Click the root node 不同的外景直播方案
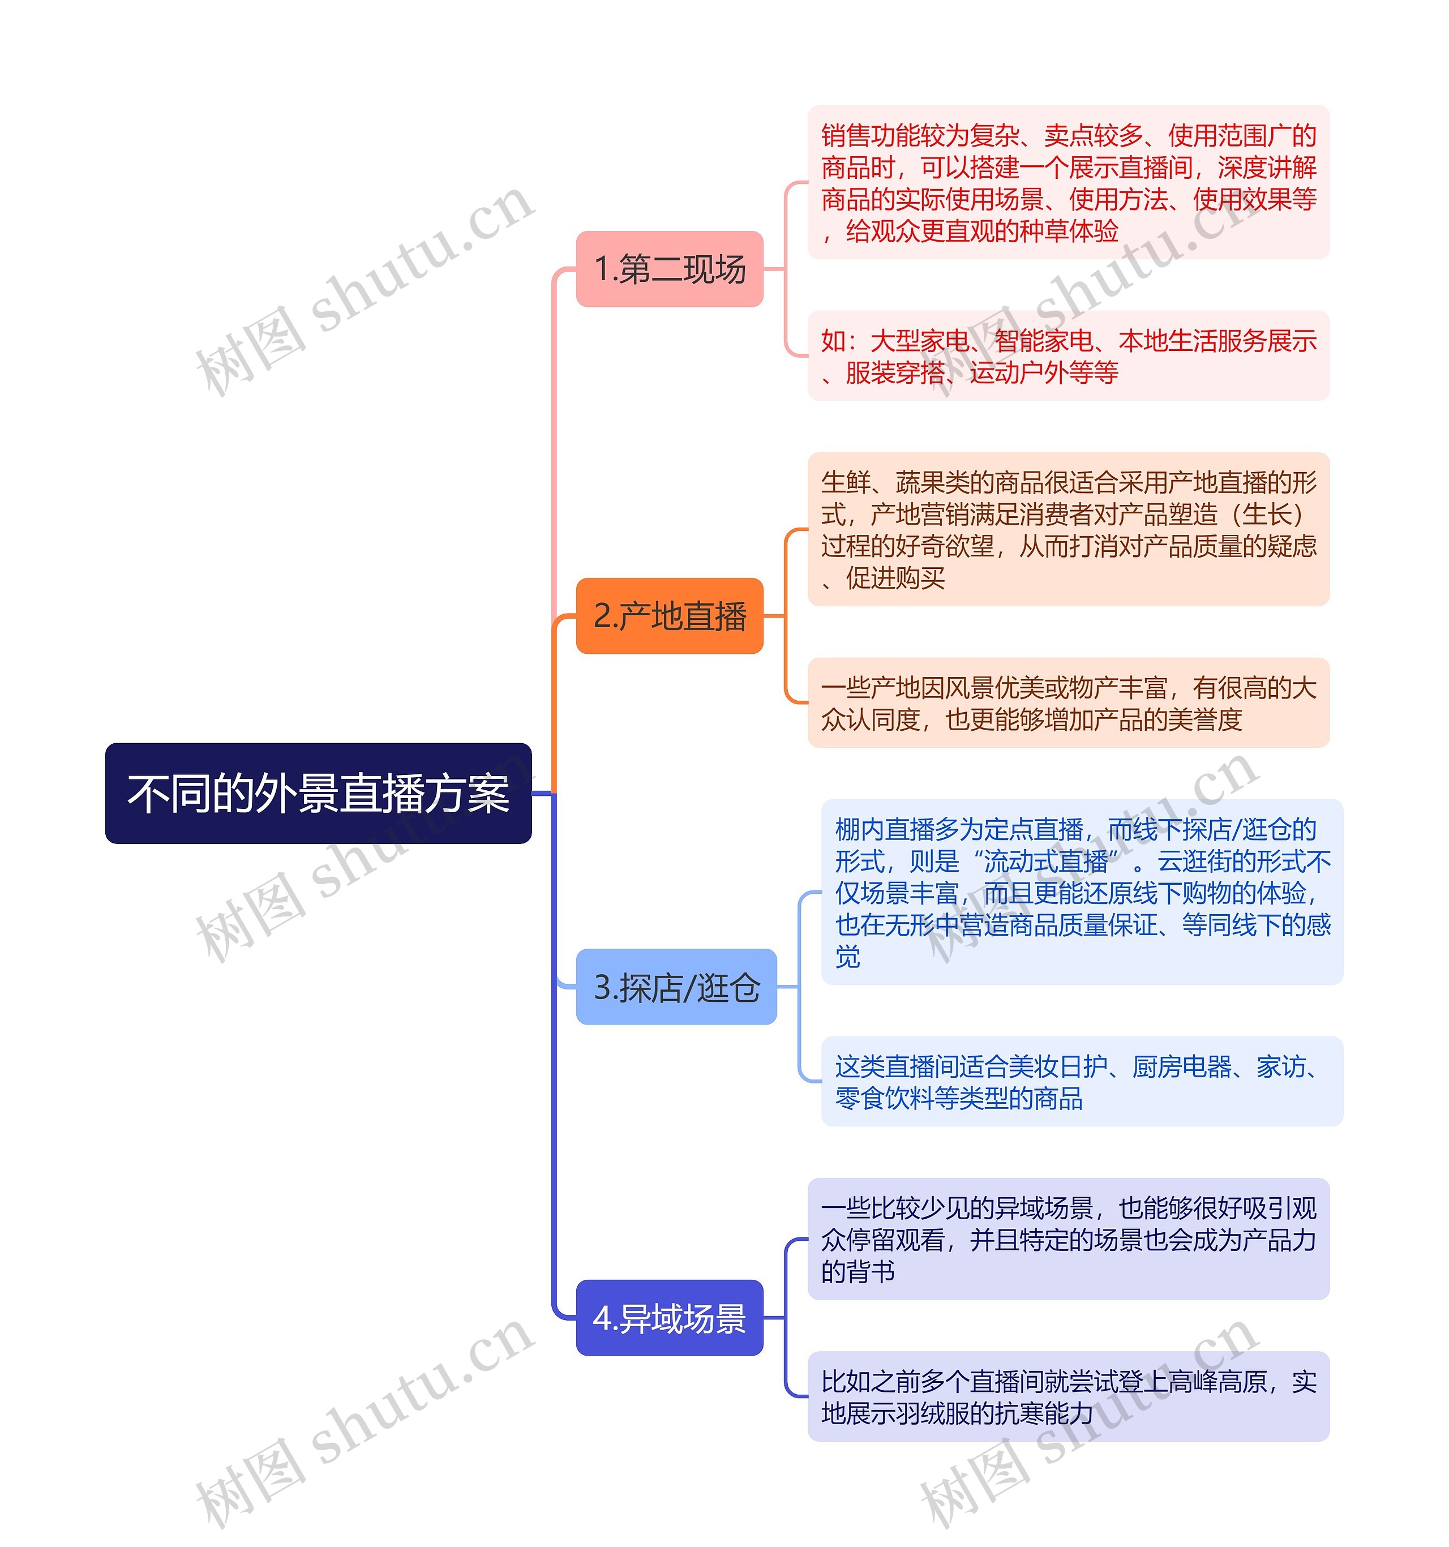pyautogui.click(x=318, y=793)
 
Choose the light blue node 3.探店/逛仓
pyautogui.click(x=675, y=987)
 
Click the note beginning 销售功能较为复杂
pyautogui.click(x=1068, y=183)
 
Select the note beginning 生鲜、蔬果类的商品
pyautogui.click(x=1068, y=529)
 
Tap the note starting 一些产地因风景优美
pyautogui.click(x=1068, y=702)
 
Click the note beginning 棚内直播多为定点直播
pyautogui.click(x=1082, y=892)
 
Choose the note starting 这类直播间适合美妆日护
pyautogui.click(x=1082, y=1082)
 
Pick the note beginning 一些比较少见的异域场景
pyautogui.click(x=1068, y=1240)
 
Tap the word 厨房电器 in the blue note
pyautogui.click(x=1181, y=1066)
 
